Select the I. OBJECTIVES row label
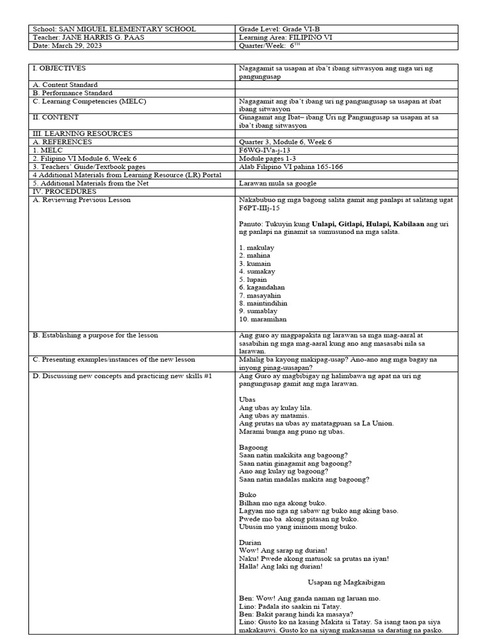(x=59, y=68)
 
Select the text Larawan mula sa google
(x=278, y=183)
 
